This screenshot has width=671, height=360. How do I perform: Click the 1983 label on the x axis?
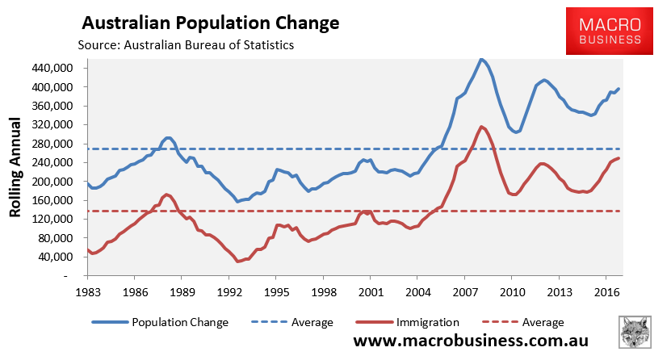tap(88, 291)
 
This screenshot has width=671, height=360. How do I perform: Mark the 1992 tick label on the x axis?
tap(229, 291)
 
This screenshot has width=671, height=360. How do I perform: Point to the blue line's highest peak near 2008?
tap(482, 59)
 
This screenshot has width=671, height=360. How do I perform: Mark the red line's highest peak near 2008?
tap(481, 127)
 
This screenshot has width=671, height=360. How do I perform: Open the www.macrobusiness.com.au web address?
tap(471, 341)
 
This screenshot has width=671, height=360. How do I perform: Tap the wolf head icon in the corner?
tap(636, 333)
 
